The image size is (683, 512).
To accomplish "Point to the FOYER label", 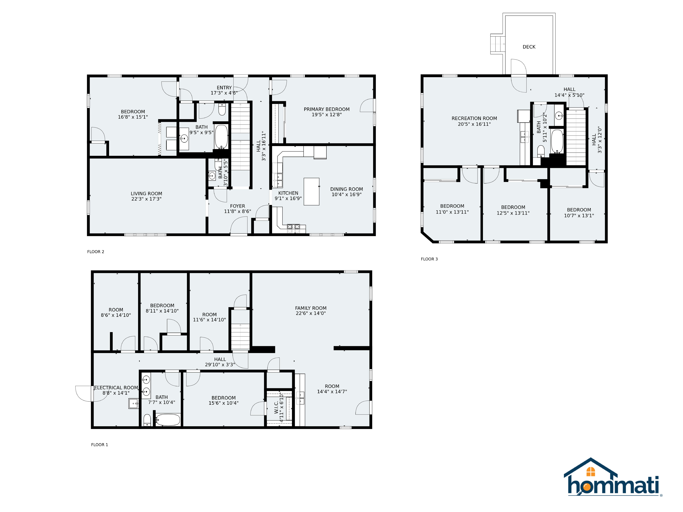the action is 237,206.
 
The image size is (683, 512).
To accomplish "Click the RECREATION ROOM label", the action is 474,119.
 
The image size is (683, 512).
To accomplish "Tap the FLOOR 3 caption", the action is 429,259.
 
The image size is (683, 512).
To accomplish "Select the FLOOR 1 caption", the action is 99,445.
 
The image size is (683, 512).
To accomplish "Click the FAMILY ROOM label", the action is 311,308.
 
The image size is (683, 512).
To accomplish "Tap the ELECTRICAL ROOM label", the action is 116,388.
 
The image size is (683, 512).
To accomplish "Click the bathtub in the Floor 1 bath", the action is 168,420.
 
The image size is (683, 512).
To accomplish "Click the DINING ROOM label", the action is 346,189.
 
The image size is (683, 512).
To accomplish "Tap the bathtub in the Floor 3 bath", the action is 557,141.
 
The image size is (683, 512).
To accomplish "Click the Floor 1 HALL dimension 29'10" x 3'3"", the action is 220,364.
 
